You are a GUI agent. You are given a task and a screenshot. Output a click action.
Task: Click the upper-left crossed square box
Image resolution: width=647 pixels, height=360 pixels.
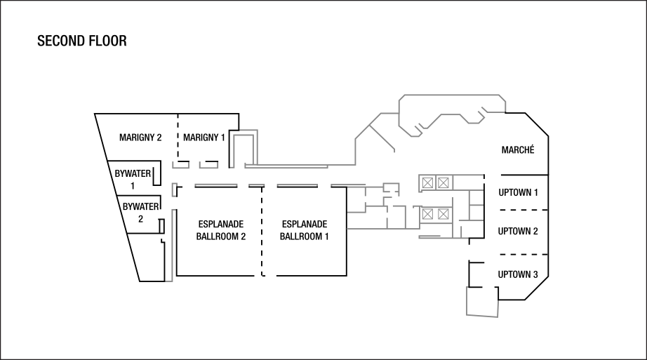click(427, 183)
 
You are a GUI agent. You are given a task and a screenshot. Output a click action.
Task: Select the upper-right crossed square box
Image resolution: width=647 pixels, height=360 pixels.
click(443, 183)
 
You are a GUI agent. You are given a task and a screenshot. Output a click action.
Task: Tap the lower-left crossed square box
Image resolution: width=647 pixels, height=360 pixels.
click(427, 214)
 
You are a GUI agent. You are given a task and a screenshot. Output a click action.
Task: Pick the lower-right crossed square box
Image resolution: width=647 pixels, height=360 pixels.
click(443, 214)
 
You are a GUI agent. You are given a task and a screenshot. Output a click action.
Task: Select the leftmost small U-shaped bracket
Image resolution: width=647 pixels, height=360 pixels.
click(180, 166)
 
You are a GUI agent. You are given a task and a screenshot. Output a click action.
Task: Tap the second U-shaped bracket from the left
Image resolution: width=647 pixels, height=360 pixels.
click(208, 166)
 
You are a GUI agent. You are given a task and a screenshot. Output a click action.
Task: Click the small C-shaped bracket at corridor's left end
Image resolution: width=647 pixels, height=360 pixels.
click(173, 189)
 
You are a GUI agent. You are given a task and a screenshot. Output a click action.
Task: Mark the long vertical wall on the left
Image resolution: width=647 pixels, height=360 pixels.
click(173, 246)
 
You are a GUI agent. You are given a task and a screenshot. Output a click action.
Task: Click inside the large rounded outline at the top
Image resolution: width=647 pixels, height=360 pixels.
click(449, 105)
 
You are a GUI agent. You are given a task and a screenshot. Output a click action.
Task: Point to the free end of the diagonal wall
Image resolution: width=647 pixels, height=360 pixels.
click(395, 151)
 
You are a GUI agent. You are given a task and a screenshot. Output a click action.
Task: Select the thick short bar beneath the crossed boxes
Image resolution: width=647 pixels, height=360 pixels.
click(429, 237)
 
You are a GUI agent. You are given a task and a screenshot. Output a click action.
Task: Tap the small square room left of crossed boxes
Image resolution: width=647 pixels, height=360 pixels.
click(391, 188)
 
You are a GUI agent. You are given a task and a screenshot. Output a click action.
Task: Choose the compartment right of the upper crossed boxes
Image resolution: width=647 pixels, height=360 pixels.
click(468, 182)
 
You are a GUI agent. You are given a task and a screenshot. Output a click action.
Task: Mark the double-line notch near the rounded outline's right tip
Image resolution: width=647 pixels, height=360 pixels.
click(482, 111)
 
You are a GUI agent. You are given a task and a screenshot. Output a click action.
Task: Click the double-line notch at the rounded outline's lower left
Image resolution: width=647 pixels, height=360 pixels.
click(420, 127)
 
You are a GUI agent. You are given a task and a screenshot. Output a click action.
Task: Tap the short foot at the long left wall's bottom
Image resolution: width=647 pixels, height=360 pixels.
click(169, 281)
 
